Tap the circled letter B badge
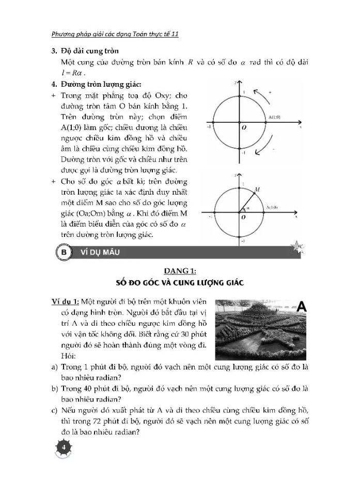65,252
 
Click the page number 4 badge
64,447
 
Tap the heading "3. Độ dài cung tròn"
85,51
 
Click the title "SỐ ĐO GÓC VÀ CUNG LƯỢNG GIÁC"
179,283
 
